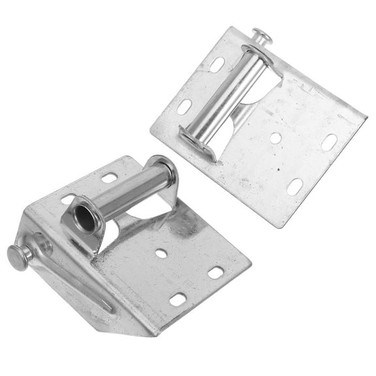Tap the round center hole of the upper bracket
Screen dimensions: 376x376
coord(275,138)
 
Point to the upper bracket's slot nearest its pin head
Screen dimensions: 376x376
coord(217,64)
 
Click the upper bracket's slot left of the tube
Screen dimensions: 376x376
coord(185,106)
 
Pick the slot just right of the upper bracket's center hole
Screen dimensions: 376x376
coord(329,142)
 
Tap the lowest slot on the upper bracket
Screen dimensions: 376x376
coord(295,186)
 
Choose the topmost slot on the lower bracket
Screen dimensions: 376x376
coord(109,177)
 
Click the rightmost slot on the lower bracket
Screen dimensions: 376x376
coord(215,272)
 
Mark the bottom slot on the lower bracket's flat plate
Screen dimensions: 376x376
coord(178,299)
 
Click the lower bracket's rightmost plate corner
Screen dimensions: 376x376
coord(251,264)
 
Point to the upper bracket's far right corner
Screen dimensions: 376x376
coord(366,121)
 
